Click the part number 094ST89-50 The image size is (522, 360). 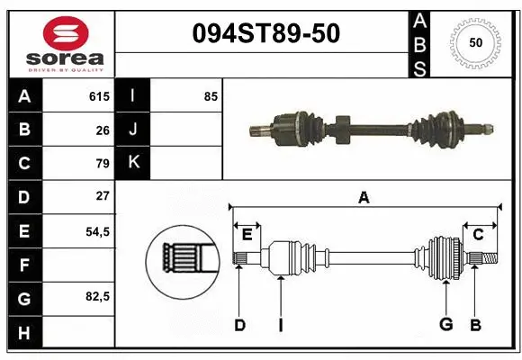tap(267, 34)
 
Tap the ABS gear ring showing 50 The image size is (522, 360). tap(474, 42)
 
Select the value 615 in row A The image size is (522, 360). tap(99, 96)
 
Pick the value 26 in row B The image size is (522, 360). tap(102, 130)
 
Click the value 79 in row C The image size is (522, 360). tap(102, 163)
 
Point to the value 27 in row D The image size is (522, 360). tap(102, 195)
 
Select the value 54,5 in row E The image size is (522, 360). tap(97, 230)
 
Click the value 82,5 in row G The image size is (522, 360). tap(97, 296)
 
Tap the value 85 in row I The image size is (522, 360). tap(211, 96)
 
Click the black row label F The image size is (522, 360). tap(23, 265)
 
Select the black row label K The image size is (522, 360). tap(132, 162)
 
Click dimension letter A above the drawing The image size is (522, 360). tap(364, 197)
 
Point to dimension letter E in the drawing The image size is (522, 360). tap(247, 235)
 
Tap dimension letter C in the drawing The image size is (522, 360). tap(478, 235)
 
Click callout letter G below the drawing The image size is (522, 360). tap(445, 325)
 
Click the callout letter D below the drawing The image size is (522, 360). tap(239, 325)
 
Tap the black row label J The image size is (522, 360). tap(132, 130)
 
